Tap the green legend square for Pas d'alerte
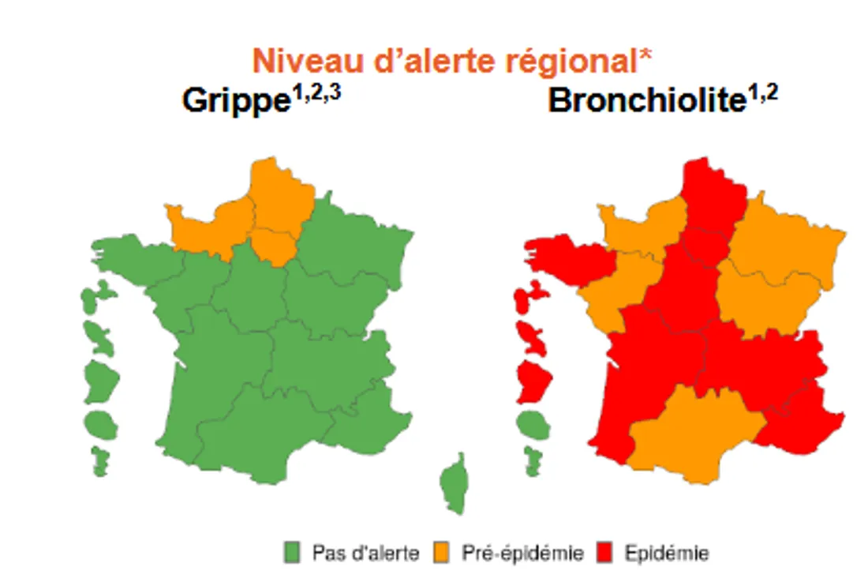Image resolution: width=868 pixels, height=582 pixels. click(x=293, y=553)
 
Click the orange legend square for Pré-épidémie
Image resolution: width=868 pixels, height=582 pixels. click(x=441, y=553)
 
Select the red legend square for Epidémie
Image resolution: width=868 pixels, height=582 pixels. click(x=605, y=553)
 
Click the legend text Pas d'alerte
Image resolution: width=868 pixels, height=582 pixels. click(x=365, y=553)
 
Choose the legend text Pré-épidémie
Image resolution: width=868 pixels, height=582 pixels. click(x=522, y=553)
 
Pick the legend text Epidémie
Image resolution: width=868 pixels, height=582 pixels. click(x=666, y=553)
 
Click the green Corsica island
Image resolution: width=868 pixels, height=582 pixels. click(x=452, y=486)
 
